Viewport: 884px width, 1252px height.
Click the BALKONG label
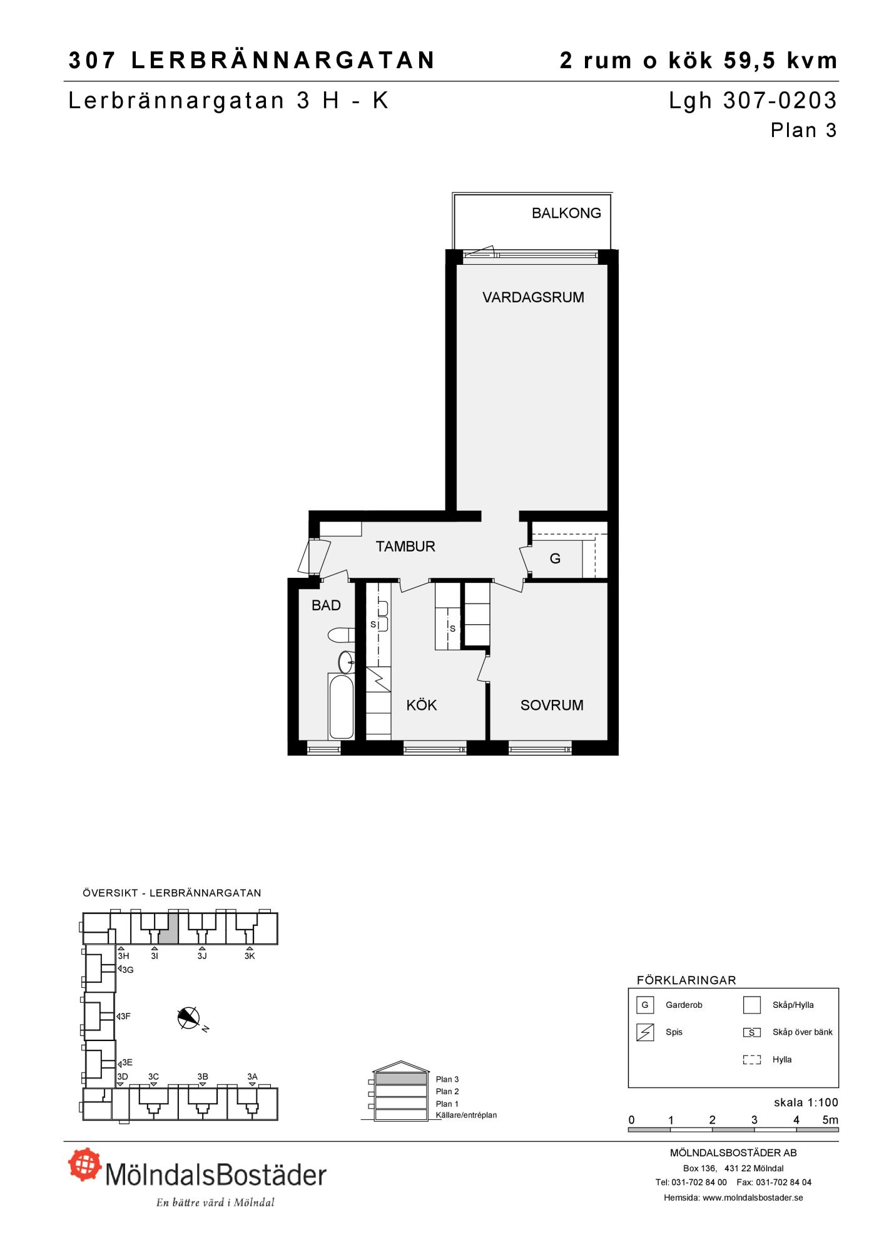tap(566, 213)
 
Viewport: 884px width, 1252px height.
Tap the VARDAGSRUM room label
tap(533, 297)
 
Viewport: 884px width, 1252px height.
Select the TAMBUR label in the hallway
tap(405, 546)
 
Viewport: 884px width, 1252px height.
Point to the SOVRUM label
tap(552, 706)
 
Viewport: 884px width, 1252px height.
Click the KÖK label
tap(422, 706)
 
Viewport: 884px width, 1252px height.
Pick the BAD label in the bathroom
tap(326, 605)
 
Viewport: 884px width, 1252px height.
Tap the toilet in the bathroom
tap(342, 635)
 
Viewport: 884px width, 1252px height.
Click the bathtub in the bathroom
tap(341, 706)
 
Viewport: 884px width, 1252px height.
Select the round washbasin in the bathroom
tap(346, 662)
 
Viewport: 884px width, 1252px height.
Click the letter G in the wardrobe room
tap(555, 558)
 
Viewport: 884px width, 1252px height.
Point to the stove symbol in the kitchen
tap(378, 679)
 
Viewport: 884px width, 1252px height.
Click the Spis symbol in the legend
tap(645, 1032)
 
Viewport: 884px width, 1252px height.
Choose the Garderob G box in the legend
tap(645, 1005)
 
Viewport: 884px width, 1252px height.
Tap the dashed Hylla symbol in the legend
tap(751, 1060)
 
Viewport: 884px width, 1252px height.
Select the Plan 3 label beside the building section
tap(447, 1079)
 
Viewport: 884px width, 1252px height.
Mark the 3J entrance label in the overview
tap(202, 956)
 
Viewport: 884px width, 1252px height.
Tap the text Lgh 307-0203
tap(753, 101)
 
